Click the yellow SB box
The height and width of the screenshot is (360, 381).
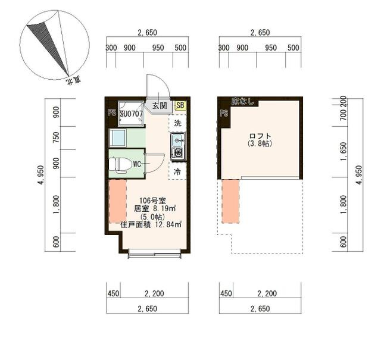coord(180,105)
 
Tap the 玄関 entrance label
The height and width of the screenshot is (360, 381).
coord(160,106)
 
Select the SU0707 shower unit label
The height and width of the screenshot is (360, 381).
coord(132,114)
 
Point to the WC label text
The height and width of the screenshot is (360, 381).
coord(137,164)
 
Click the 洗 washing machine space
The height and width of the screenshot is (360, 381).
coord(177,123)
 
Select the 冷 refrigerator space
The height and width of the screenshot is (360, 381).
coord(177,171)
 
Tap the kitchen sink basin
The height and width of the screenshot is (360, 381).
coord(177,140)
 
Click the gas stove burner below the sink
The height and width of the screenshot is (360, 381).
coord(177,153)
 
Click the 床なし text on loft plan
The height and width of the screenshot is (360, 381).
coord(242,101)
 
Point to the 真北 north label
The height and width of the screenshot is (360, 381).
coord(73,80)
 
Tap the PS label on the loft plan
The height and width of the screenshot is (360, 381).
coord(224,112)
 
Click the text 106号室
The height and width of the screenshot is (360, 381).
coord(152,201)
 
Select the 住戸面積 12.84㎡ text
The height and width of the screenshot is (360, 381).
coord(151,224)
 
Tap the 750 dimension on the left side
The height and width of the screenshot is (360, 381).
coord(57,137)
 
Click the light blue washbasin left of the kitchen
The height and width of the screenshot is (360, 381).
coord(118,138)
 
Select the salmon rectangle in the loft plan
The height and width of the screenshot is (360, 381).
coord(230,201)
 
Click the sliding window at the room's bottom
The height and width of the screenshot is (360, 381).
coord(155,253)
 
